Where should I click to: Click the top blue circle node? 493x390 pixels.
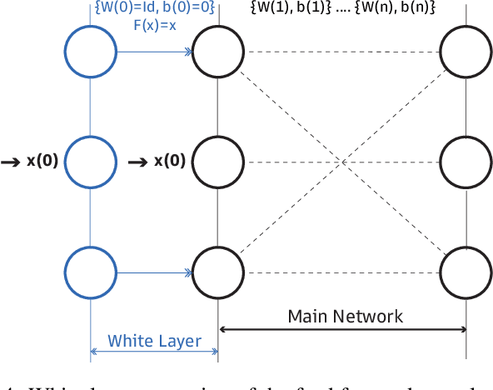(90, 52)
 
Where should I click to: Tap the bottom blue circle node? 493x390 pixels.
(90, 271)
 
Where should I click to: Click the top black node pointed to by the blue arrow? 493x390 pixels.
(217, 52)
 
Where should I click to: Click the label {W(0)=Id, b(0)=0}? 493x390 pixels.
(155, 9)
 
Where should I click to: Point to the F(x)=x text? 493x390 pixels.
(155, 25)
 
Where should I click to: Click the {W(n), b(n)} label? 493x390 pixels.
(391, 9)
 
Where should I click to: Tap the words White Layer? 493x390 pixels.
(155, 340)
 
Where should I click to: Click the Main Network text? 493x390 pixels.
(345, 316)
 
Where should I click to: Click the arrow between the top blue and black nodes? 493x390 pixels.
(155, 52)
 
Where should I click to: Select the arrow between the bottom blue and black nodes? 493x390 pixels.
(155, 271)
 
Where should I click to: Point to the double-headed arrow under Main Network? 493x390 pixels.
(341, 330)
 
